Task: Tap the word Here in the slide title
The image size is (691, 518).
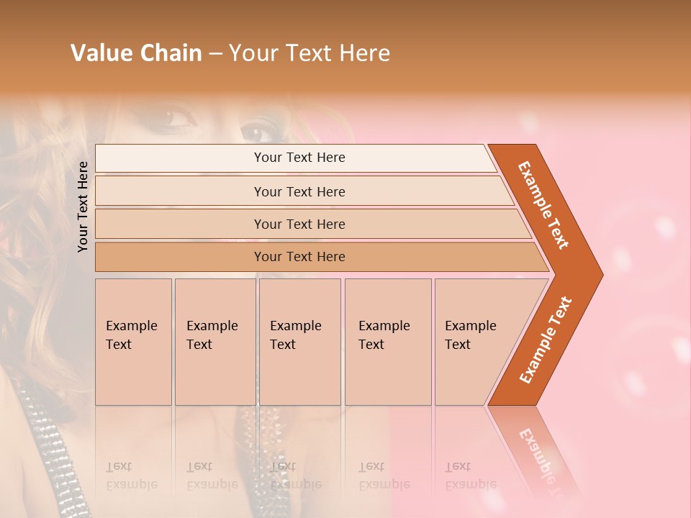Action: coord(363,53)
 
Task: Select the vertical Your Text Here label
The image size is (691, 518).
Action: coord(83,206)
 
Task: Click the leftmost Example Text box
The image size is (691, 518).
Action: coord(133,342)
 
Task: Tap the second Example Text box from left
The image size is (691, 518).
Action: coord(214,342)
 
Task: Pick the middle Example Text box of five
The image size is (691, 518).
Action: coord(299,342)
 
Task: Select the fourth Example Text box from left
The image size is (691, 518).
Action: coord(387,342)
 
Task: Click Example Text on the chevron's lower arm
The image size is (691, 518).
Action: coord(546,340)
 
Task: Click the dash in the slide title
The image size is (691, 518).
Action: coord(215,54)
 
